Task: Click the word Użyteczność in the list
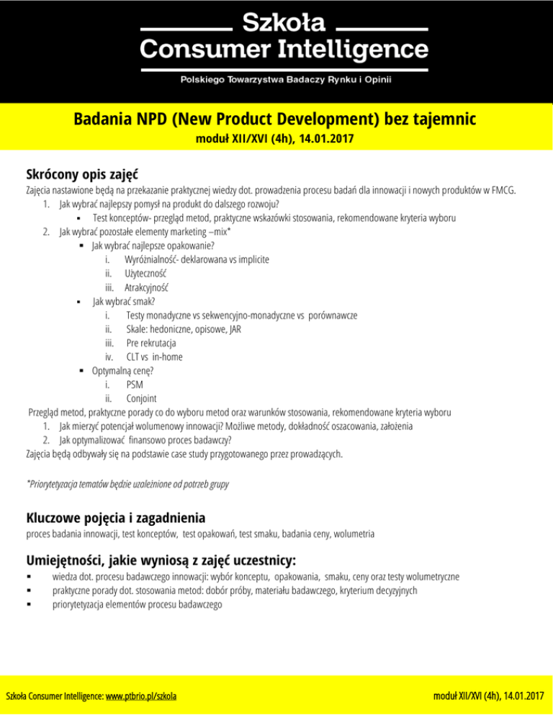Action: click(x=146, y=273)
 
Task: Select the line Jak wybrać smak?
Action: click(x=119, y=301)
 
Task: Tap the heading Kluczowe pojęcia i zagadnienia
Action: click(x=116, y=517)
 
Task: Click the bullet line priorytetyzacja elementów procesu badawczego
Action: click(x=138, y=604)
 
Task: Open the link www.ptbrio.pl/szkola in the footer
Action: click(x=142, y=697)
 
